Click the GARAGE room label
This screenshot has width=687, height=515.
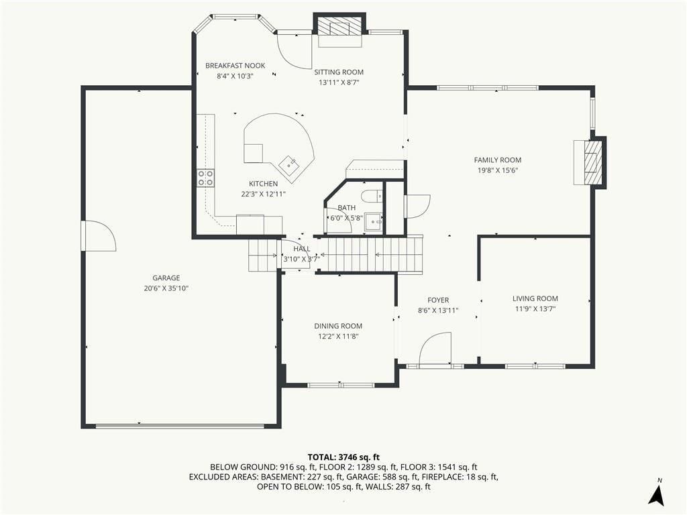coord(166,278)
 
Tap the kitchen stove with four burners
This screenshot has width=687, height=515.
coord(205,178)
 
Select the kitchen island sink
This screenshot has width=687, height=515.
coord(289,166)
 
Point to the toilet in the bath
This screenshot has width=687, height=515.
coord(372,195)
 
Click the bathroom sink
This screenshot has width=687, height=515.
coord(374,222)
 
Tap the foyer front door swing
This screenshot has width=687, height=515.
coord(435,348)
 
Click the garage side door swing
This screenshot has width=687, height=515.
coord(99,236)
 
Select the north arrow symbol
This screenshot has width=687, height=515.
coord(656,494)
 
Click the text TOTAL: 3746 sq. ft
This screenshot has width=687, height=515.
coord(343,457)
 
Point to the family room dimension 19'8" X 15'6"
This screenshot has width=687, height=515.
coord(498,170)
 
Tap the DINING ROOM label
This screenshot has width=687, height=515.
coord(338,326)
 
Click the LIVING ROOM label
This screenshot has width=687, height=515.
coord(535,298)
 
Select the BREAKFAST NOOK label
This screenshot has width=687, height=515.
coord(235,66)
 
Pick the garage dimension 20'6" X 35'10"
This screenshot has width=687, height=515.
coord(166,288)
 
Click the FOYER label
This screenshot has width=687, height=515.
coord(438,300)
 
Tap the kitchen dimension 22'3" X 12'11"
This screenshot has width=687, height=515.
coord(263,194)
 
